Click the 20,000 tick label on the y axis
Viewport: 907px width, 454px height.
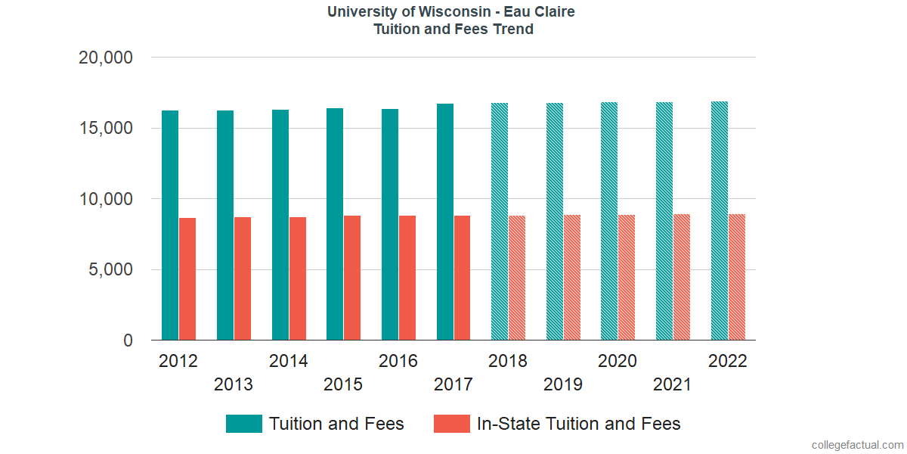(x=106, y=58)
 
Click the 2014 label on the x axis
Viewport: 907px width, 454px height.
(x=289, y=361)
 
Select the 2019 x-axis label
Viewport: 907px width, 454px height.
(x=563, y=384)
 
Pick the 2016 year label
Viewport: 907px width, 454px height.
(x=398, y=361)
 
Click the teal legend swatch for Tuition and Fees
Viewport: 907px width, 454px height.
(x=244, y=424)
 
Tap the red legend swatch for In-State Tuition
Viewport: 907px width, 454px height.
(x=452, y=424)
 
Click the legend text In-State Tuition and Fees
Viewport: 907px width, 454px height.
(x=578, y=424)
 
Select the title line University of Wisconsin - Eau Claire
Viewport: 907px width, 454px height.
(x=453, y=12)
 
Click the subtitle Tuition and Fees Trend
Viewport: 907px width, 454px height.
(x=453, y=30)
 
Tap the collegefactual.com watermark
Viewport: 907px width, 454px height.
(x=857, y=444)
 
